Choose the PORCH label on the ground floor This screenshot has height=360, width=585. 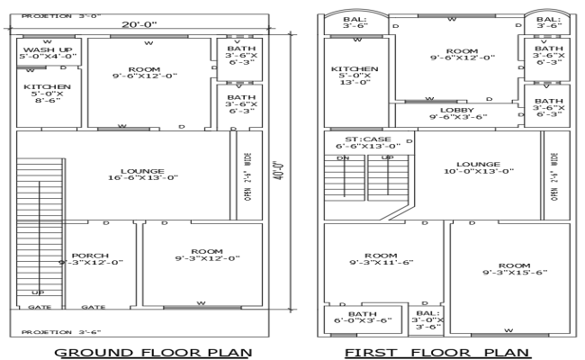(x=91, y=258)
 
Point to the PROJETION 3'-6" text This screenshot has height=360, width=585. (x=55, y=331)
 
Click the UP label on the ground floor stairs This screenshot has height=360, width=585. (x=38, y=292)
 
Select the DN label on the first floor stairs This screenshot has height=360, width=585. (x=342, y=157)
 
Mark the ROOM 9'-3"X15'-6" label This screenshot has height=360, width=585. (x=513, y=269)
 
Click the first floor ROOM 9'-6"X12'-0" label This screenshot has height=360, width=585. (x=463, y=55)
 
